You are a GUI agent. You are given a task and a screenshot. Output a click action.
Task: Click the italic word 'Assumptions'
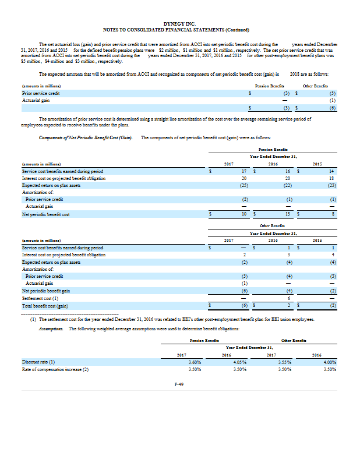[x=50, y=329]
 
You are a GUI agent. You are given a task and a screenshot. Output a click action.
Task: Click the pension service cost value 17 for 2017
[x=246, y=171]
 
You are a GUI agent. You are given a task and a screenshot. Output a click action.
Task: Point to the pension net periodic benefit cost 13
[x=288, y=214]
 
